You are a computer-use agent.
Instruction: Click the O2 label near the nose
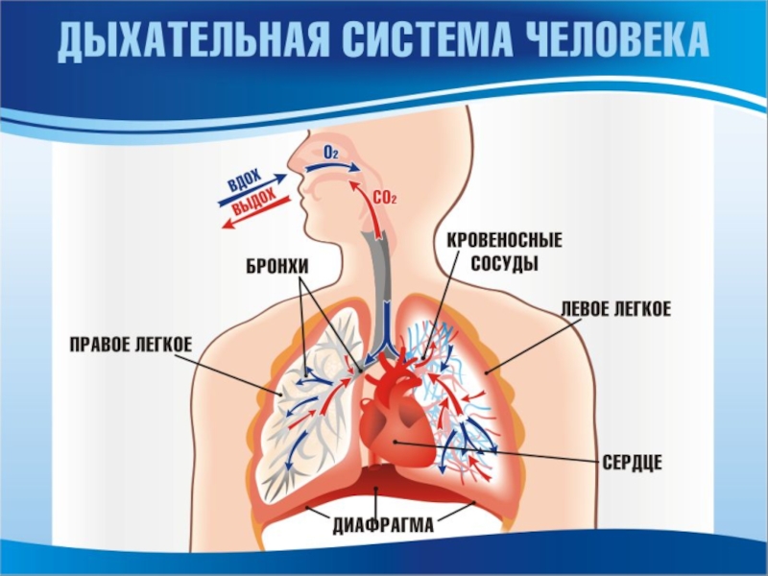point(330,153)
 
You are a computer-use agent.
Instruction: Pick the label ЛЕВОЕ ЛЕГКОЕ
point(615,309)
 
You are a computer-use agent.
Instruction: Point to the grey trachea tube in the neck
point(377,269)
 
